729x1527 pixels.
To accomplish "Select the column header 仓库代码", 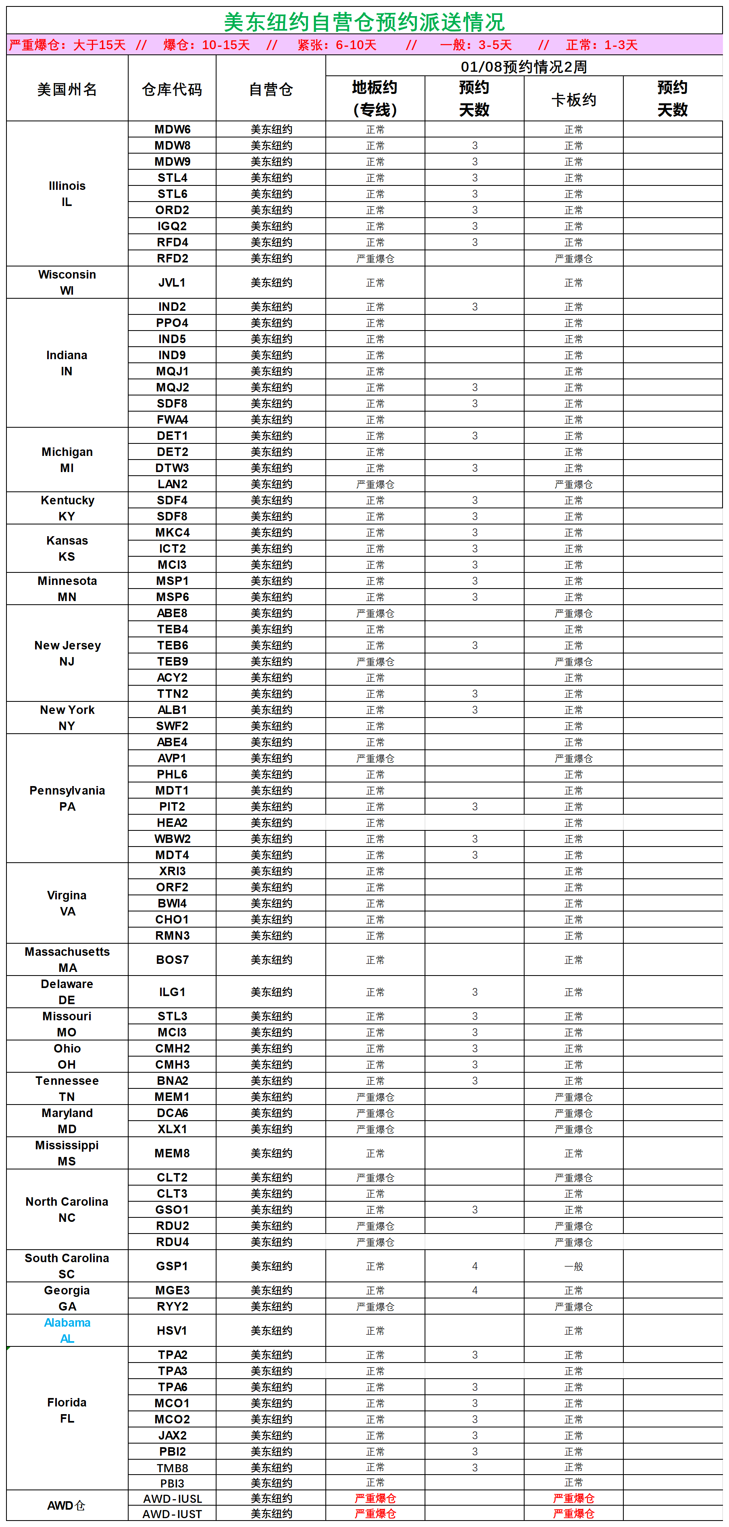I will coord(172,89).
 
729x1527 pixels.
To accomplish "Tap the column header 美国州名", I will coord(67,89).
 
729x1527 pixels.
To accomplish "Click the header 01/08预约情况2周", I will coord(523,67).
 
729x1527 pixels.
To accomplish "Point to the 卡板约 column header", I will coord(573,100).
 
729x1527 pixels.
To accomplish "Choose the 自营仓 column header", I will coord(271,89).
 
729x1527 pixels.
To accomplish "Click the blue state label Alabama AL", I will coord(67,1330).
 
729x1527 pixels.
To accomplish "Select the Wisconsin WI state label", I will coord(67,282).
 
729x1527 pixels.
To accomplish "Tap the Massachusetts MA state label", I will coord(67,959).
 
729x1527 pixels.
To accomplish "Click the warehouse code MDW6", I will coord(172,129).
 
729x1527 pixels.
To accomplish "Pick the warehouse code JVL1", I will coord(172,282).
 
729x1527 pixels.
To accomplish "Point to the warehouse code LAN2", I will coord(172,484).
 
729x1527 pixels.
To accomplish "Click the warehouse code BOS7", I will coord(172,959).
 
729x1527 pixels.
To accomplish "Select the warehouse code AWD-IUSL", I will coord(172,1498).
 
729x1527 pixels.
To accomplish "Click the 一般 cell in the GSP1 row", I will coord(573,1266).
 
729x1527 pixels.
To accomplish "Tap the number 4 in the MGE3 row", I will coord(474,1290).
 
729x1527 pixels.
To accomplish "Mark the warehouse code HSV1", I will coord(172,1330).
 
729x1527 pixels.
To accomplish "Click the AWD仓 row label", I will coord(67,1506).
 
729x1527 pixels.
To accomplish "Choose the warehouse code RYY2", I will coord(172,1306).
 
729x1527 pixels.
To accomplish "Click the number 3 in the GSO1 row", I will coord(474,1209).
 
